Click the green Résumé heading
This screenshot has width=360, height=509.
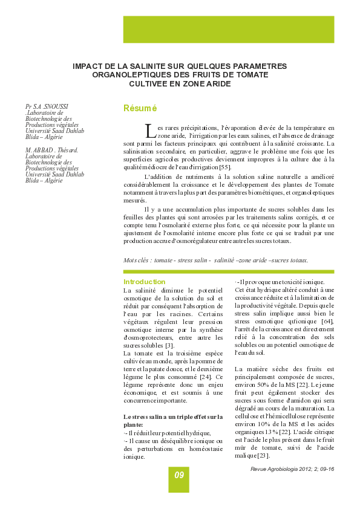140,108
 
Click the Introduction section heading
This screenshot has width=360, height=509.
144,282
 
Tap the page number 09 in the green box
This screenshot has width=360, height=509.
179,475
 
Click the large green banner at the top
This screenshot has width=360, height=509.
228,29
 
